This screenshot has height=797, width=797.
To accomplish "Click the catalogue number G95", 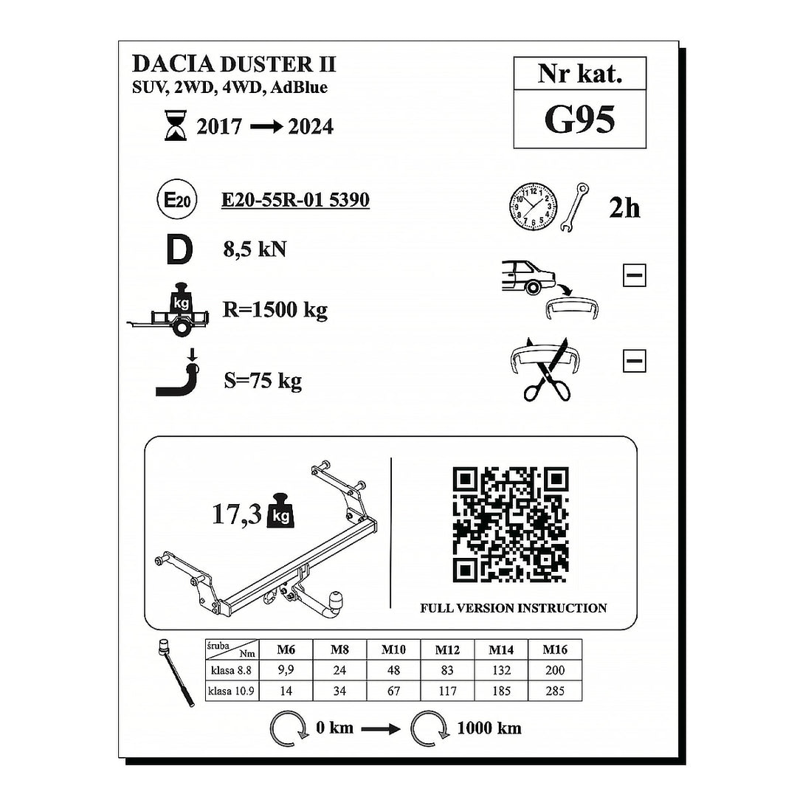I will coord(579,120).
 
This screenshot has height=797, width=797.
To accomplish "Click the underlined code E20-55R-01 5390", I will coord(295,200).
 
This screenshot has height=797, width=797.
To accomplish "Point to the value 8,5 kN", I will coord(255,249).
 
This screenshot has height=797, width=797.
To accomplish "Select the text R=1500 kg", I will coord(275,310).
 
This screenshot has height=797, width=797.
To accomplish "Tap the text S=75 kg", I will coord(262,381).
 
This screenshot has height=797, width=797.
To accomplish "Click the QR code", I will coord(511,525).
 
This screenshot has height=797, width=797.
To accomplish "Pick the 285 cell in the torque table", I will coord(554,691).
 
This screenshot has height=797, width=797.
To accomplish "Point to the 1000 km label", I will coord(489,728).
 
